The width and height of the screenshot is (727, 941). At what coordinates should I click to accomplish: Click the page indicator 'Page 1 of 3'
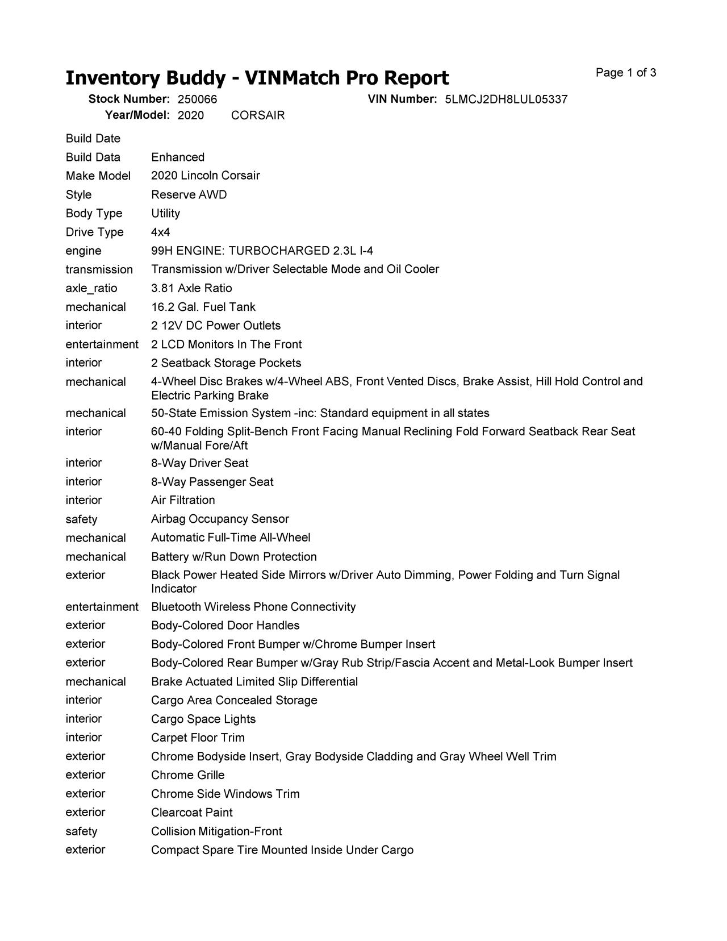(626, 73)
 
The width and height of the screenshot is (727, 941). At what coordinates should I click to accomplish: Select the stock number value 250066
(197, 99)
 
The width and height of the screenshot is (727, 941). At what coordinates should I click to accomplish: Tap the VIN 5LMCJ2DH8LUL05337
(506, 99)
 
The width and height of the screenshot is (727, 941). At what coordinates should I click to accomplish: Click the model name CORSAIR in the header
(258, 115)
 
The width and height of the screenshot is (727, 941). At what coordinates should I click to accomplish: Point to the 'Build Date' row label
(93, 139)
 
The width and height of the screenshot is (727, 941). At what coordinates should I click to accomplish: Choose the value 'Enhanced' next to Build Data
(178, 157)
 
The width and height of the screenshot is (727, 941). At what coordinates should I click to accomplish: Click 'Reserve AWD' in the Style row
(189, 195)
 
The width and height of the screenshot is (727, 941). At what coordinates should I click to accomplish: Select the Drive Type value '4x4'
(160, 232)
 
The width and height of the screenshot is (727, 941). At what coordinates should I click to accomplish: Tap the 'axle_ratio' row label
(91, 288)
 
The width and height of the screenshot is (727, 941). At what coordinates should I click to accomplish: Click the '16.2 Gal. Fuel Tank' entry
(203, 307)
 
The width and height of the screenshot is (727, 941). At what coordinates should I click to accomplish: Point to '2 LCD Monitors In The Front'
(226, 344)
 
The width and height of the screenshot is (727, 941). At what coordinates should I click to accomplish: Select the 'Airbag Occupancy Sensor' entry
(220, 519)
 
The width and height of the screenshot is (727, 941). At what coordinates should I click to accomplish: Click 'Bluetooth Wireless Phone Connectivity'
(253, 607)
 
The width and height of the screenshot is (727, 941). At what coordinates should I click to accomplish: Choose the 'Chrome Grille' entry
(187, 775)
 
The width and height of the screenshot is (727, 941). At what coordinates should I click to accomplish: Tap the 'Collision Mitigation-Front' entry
(216, 831)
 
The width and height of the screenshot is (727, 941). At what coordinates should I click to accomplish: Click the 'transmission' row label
(99, 269)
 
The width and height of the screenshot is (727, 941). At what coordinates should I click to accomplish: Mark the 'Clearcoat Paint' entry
(192, 813)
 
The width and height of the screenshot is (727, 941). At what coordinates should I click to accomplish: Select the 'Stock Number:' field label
(129, 99)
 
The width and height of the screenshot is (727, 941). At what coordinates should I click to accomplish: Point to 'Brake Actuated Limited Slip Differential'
(254, 681)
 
